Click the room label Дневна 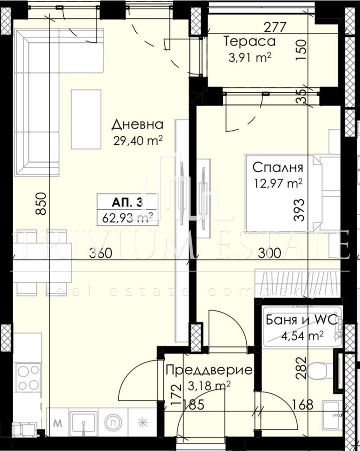tap(137, 124)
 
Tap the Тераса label tap(249, 41)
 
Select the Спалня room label tap(278, 167)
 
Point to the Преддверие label tap(209, 370)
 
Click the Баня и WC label tap(302, 320)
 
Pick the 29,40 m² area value tap(138, 141)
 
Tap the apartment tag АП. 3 tap(127, 203)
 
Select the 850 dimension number tap(41, 204)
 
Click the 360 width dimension tap(101, 253)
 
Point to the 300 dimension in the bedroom tap(269, 253)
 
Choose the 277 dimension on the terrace tap(275, 27)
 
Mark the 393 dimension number tap(299, 210)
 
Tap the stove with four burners tap(28, 377)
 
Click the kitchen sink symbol tap(83, 423)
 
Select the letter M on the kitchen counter tap(58, 423)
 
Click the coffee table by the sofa tap(86, 119)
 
